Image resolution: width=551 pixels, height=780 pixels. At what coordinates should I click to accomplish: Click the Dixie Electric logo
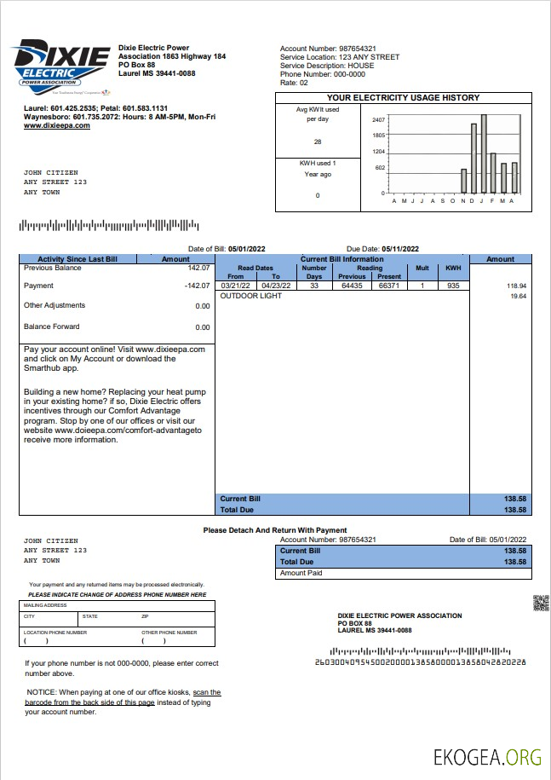(x=61, y=65)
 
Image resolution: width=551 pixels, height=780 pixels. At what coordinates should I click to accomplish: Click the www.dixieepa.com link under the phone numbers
(x=56, y=125)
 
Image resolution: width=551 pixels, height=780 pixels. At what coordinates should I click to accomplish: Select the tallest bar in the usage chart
(x=484, y=153)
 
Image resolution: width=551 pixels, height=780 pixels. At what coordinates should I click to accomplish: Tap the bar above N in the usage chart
(x=464, y=181)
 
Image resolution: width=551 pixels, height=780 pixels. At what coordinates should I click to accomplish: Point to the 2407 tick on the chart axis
(x=379, y=119)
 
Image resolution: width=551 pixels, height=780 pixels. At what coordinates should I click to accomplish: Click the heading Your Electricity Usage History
(x=403, y=98)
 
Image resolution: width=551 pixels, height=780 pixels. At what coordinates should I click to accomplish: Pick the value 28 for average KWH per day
(x=318, y=142)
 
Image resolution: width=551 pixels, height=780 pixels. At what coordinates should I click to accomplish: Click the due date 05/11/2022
(x=400, y=248)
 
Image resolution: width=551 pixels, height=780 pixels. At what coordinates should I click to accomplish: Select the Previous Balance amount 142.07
(x=198, y=268)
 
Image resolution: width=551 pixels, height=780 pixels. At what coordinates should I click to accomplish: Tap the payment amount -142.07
(x=198, y=286)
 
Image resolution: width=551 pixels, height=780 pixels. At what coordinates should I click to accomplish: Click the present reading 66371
(x=388, y=286)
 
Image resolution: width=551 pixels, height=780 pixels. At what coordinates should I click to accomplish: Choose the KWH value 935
(x=453, y=286)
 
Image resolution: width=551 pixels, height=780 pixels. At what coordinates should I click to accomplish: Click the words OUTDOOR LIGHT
(x=251, y=296)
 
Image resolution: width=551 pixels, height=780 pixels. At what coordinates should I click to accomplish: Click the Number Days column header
(x=314, y=272)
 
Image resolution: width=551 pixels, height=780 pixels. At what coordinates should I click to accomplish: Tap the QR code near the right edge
(x=540, y=603)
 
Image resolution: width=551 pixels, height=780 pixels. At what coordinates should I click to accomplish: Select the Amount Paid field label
(x=301, y=573)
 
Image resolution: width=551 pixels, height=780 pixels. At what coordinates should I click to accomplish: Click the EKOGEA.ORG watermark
(x=487, y=756)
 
